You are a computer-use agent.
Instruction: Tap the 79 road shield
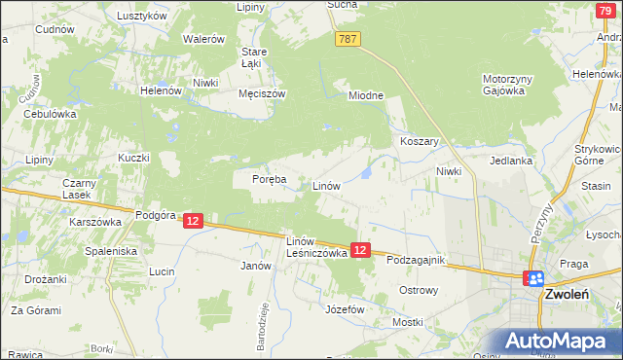pyautogui.click(x=605, y=9)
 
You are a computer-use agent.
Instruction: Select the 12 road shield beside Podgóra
pyautogui.click(x=193, y=222)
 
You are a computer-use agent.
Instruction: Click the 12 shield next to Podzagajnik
pyautogui.click(x=360, y=250)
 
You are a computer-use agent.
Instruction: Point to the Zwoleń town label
pyautogui.click(x=572, y=293)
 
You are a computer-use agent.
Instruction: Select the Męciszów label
pyautogui.click(x=261, y=94)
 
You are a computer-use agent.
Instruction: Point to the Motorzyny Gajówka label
pyautogui.click(x=503, y=85)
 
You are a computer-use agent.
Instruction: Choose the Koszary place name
pyautogui.click(x=421, y=141)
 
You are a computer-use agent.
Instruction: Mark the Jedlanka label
pyautogui.click(x=511, y=162)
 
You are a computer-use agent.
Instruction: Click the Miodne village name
pyautogui.click(x=367, y=95)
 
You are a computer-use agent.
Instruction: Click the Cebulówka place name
pyautogui.click(x=50, y=114)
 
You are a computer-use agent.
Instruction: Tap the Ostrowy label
pyautogui.click(x=421, y=290)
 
